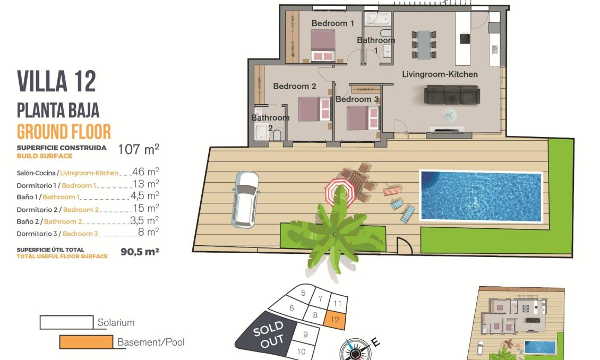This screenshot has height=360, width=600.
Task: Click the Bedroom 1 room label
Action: (332, 23)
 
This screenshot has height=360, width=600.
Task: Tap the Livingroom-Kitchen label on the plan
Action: (440, 74)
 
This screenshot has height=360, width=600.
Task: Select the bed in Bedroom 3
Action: (363, 118)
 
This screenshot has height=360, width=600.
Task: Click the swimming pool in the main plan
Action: (481, 196)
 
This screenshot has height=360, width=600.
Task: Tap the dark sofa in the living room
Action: (451, 96)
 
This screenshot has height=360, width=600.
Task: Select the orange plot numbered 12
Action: (335, 319)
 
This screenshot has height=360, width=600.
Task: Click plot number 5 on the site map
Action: (303, 293)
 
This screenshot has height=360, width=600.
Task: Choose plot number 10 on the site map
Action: (301, 351)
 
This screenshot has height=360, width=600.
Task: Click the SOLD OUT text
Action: (268, 335)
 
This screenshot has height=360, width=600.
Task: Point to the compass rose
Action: (354, 349)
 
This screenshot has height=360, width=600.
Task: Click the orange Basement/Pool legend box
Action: (86, 342)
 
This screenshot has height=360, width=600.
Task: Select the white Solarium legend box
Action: (67, 322)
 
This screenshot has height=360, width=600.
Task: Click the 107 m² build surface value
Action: (138, 150)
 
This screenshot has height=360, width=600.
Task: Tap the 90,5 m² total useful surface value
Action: (140, 252)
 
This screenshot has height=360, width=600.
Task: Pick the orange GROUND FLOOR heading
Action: (64, 131)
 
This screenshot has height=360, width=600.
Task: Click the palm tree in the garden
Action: (336, 234)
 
